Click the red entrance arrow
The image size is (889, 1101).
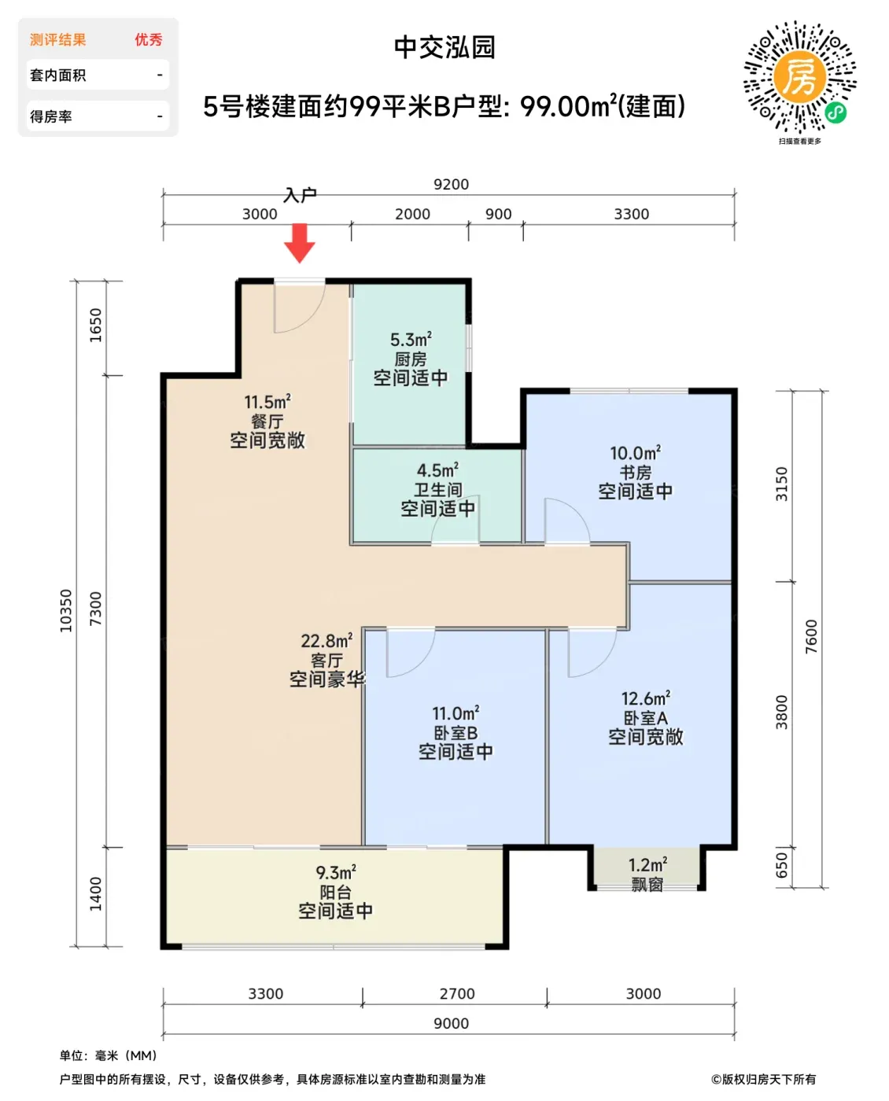coord(299,242)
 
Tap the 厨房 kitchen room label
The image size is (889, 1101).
coord(410,359)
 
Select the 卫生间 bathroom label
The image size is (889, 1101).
coord(437,489)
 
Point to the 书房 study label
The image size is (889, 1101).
coord(635,472)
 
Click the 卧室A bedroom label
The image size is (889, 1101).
coord(645,718)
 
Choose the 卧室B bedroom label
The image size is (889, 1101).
coord(455,733)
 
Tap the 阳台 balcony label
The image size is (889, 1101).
coord(335,892)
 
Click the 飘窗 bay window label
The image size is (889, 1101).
coord(647,885)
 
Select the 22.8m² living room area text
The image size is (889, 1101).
coord(326,641)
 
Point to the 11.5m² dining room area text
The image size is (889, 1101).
coord(267,402)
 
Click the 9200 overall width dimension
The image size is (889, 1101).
coord(451,185)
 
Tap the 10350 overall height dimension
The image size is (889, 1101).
coord(65,610)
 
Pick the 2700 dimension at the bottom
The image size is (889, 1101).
coord(456,993)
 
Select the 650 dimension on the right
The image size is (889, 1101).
coord(781,865)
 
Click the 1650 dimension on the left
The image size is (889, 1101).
coord(96,325)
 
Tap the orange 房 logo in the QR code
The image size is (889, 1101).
coord(799,77)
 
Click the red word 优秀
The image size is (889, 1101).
coord(149,40)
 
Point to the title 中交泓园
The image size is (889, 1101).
coord(444,47)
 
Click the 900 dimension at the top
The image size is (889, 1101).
coord(498,214)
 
